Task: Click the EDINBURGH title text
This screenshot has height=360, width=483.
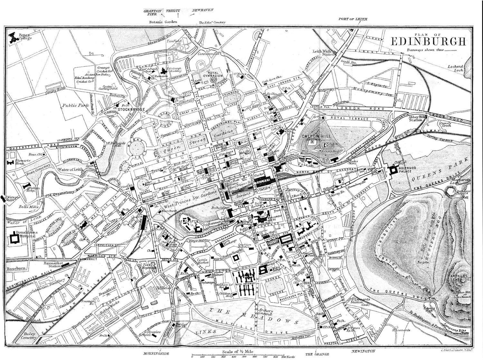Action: click(x=429, y=42)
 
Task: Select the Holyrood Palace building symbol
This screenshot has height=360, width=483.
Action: click(x=394, y=171)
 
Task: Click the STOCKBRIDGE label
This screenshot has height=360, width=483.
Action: click(x=130, y=109)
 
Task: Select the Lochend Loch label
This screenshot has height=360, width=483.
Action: click(x=455, y=69)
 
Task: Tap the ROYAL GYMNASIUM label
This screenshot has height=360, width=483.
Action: click(x=213, y=75)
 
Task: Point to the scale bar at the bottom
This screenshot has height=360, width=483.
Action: click(x=238, y=356)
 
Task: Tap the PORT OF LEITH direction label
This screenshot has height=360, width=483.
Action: click(x=353, y=19)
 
